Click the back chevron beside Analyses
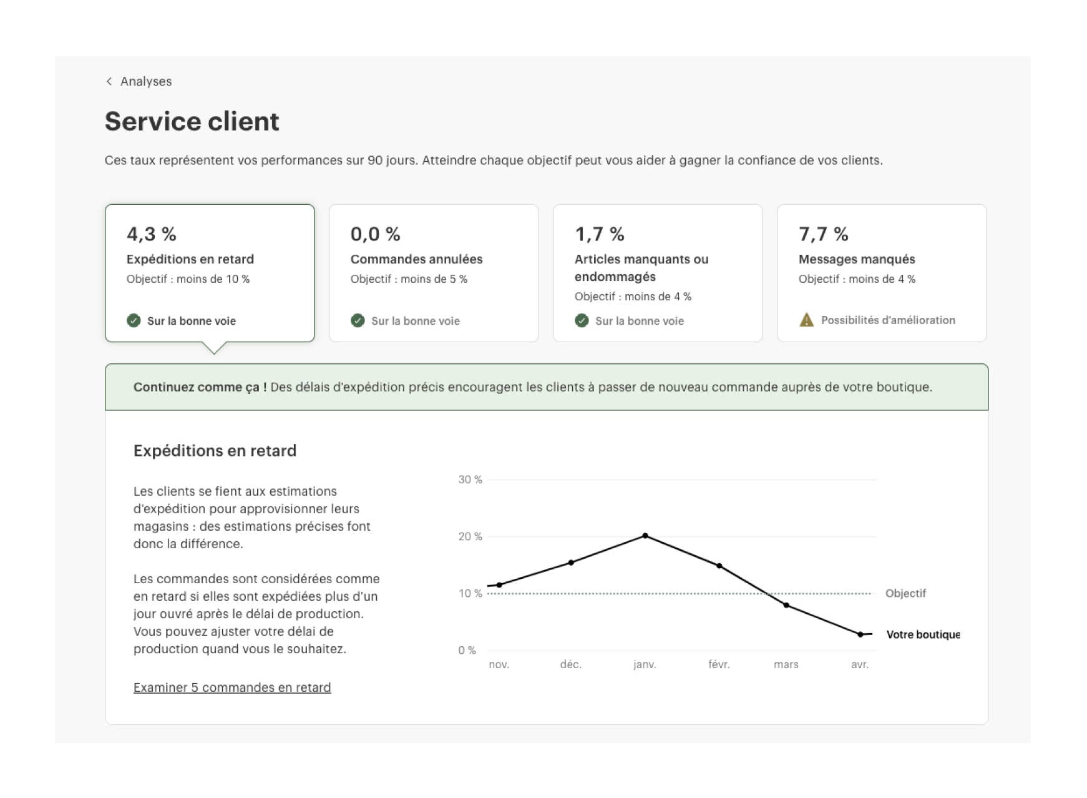(109, 81)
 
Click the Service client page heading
(192, 121)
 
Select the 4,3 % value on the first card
(151, 234)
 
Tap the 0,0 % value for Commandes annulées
(375, 234)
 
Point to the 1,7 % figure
(599, 234)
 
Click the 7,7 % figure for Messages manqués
(823, 234)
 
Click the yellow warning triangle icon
(806, 320)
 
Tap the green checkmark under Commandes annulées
(358, 320)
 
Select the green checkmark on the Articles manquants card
(582, 320)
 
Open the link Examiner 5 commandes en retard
(232, 687)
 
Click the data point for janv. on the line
(645, 536)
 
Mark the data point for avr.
(860, 634)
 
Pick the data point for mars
(786, 605)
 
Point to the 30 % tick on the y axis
(470, 480)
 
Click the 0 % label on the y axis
(467, 650)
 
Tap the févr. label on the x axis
(719, 664)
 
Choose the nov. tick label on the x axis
(499, 664)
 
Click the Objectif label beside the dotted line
(905, 593)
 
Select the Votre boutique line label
(923, 634)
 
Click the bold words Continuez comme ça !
(200, 387)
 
